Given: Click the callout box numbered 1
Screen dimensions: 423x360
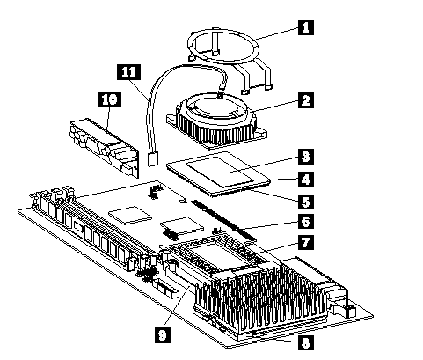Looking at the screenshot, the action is [x=306, y=27].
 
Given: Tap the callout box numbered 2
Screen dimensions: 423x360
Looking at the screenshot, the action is [x=306, y=100].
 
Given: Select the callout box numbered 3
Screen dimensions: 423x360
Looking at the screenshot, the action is [x=306, y=157].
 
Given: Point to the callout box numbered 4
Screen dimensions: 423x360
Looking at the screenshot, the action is [x=306, y=180].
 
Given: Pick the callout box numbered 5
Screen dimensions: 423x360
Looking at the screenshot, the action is [x=306, y=202].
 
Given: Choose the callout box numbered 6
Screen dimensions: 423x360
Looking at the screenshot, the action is [x=306, y=221].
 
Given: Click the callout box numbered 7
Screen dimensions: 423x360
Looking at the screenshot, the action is [x=306, y=242].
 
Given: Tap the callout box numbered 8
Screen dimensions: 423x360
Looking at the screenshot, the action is [x=306, y=342].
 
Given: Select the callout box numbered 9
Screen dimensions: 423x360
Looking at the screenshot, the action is [x=163, y=335].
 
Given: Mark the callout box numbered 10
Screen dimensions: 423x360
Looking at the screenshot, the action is [x=109, y=99].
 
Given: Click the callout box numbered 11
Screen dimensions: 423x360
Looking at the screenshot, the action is [x=128, y=72].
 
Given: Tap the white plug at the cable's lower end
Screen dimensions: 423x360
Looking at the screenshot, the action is [x=153, y=159].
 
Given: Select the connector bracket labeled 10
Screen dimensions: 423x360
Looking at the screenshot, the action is [x=104, y=147].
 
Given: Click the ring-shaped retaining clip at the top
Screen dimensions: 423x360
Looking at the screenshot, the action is [x=223, y=47].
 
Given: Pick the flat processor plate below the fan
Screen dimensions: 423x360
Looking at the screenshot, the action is [x=217, y=173].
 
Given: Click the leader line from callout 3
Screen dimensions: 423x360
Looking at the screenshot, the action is [x=264, y=165].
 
